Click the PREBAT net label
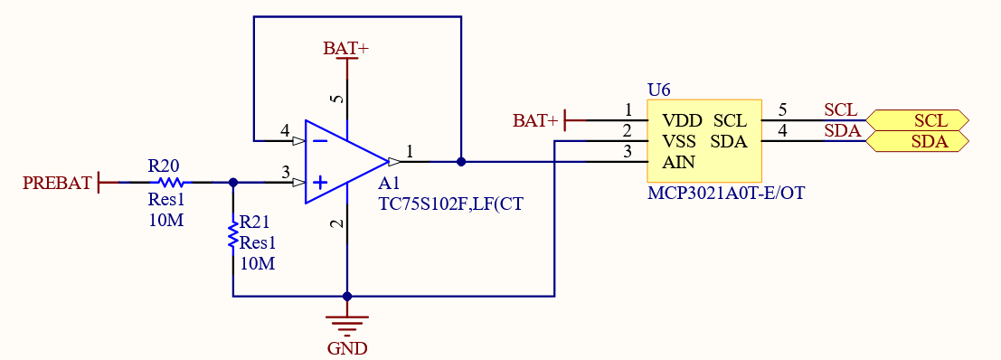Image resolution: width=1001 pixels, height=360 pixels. [x=57, y=183]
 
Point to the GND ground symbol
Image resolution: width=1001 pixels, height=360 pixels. [x=347, y=323]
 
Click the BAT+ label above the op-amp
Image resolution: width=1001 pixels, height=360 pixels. [x=345, y=49]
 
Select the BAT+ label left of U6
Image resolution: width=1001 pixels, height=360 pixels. [x=535, y=120]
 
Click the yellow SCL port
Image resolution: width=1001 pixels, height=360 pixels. [x=917, y=120]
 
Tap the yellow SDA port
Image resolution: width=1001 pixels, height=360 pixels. [x=917, y=141]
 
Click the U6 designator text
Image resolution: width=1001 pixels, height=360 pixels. [x=659, y=90]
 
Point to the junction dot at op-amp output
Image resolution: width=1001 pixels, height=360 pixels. [x=461, y=162]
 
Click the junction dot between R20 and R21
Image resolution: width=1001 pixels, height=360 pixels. [x=233, y=183]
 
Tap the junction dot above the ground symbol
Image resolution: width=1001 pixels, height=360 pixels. [x=347, y=296]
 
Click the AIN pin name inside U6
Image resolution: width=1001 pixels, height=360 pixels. [x=679, y=163]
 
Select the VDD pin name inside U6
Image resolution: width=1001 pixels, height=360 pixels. [x=682, y=120]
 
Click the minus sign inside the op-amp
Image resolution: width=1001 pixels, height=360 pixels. [x=319, y=141]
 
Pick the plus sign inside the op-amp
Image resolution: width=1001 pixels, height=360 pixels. [x=319, y=183]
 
